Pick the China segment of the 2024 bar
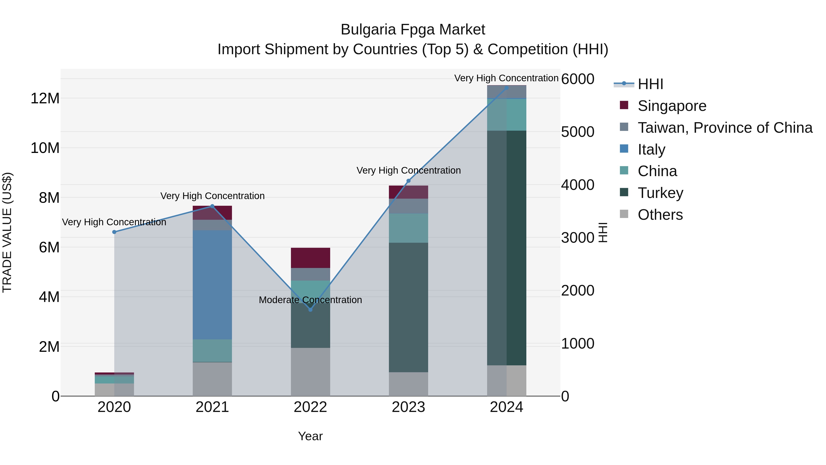point(506,115)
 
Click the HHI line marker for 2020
point(114,232)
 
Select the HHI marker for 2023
point(408,181)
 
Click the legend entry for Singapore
point(672,106)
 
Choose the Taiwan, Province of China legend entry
point(725,128)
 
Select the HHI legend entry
point(650,84)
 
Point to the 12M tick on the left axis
point(45,98)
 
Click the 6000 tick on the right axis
point(578,79)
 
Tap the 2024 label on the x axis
point(506,407)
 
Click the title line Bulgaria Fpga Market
point(413,30)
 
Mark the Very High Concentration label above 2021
point(212,196)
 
